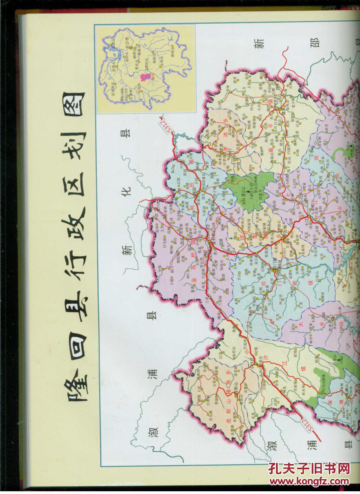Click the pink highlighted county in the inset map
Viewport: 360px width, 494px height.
145,76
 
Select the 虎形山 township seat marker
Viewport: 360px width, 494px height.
236,395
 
